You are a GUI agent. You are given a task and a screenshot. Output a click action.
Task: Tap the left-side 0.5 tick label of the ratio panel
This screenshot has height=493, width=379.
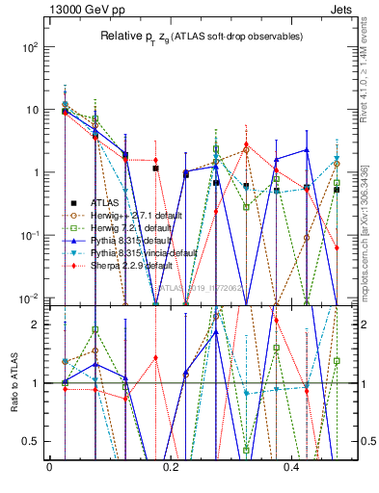pos(32,441)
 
